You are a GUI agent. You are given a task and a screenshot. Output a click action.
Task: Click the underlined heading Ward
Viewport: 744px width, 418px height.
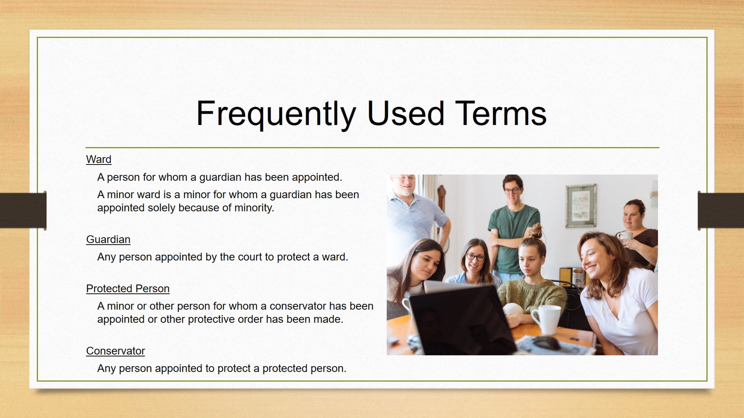click(99, 159)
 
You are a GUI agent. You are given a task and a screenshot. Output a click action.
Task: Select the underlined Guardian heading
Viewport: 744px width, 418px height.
click(108, 239)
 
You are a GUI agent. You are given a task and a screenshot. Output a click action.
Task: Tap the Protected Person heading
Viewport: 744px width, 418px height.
click(128, 289)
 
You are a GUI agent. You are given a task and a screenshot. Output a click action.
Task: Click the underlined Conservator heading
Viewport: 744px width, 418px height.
click(115, 351)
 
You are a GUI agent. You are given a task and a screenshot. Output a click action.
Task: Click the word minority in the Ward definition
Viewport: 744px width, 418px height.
click(254, 208)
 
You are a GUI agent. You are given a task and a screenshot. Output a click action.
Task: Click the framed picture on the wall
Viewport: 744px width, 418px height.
click(581, 206)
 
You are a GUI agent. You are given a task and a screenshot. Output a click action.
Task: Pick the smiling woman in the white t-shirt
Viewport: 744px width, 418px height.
click(617, 294)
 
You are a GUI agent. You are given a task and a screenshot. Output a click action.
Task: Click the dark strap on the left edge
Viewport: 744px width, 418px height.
click(23, 211)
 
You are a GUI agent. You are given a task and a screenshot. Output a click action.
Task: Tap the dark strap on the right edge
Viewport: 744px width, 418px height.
click(721, 211)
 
